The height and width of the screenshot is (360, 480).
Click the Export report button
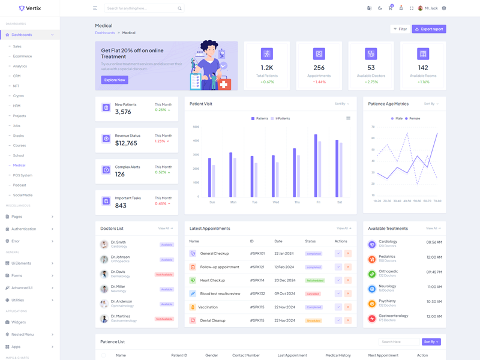(429, 29)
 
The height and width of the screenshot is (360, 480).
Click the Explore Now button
(115, 80)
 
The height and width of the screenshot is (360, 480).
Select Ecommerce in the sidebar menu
(22, 56)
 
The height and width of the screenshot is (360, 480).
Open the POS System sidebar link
(23, 175)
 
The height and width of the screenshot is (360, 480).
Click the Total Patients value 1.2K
(267, 68)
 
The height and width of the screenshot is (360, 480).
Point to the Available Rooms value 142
(423, 68)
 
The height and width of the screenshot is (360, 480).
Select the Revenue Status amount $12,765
(126, 143)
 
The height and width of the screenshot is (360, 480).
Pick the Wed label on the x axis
(275, 202)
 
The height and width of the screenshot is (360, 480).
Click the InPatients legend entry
(280, 119)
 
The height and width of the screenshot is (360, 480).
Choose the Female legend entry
(412, 119)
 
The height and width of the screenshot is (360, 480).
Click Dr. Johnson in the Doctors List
(120, 257)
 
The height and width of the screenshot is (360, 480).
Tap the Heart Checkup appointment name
(212, 280)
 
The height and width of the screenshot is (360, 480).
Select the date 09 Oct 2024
(284, 293)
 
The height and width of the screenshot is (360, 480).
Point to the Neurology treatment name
(387, 286)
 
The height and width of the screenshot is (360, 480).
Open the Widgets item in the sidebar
(19, 322)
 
